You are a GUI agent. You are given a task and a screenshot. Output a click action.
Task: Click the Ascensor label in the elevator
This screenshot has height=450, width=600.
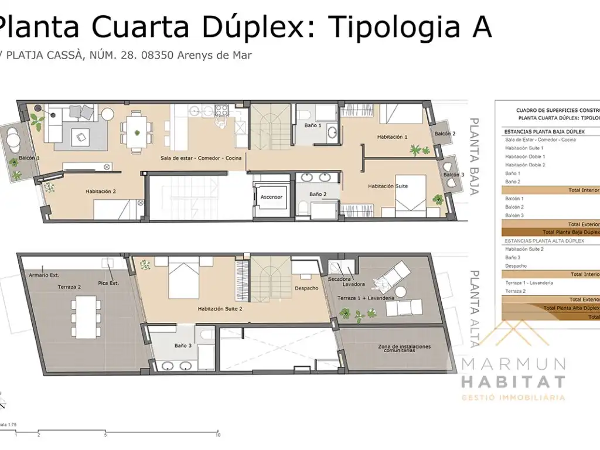271,197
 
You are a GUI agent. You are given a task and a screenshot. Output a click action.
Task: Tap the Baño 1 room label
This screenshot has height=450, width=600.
312,125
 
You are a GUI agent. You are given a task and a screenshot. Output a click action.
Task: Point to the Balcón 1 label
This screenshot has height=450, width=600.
29,158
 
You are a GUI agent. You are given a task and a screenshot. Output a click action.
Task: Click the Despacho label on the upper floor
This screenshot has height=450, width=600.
306,288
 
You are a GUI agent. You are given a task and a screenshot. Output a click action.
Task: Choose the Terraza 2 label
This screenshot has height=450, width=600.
69,287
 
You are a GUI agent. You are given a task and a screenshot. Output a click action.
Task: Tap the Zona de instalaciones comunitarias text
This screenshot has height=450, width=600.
404,349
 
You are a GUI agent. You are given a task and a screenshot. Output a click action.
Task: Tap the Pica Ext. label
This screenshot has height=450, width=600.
108,284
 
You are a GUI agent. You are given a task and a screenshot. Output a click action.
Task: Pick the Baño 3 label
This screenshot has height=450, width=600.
183,346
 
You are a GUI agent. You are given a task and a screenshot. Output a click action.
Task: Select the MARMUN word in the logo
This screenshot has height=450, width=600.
513,364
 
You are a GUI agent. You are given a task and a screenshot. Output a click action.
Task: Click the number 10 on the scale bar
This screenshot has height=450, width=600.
218,435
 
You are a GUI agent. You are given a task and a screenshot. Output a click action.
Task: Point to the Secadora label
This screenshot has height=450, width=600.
339,279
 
